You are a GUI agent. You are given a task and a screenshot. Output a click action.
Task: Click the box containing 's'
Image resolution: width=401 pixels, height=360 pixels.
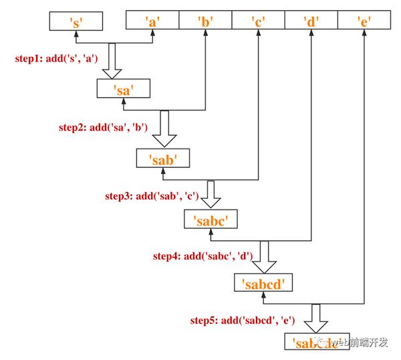(x=76, y=21)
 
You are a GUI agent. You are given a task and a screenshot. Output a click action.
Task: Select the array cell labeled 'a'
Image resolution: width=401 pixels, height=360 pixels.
(x=152, y=21)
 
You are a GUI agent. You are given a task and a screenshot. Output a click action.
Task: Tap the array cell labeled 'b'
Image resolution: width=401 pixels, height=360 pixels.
(x=205, y=21)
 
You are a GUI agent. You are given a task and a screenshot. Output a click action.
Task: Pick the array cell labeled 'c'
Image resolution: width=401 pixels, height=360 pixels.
(x=257, y=21)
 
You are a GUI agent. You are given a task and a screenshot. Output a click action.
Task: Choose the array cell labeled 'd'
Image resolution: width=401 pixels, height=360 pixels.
(x=310, y=21)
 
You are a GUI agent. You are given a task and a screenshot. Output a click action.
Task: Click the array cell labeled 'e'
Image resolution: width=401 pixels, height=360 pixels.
(x=363, y=21)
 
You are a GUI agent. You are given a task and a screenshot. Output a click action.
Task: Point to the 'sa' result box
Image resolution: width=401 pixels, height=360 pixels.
(x=123, y=90)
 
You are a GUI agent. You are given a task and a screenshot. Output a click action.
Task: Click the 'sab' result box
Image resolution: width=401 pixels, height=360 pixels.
(x=162, y=159)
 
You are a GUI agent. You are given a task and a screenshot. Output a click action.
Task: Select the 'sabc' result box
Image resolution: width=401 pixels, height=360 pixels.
(x=211, y=219)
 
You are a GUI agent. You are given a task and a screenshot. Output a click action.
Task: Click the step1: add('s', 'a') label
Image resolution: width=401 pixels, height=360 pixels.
(x=57, y=58)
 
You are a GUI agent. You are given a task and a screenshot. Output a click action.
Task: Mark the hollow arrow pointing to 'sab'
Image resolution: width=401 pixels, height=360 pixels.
(x=162, y=130)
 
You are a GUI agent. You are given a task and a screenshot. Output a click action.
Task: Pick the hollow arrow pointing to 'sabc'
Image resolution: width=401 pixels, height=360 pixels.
(x=211, y=195)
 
